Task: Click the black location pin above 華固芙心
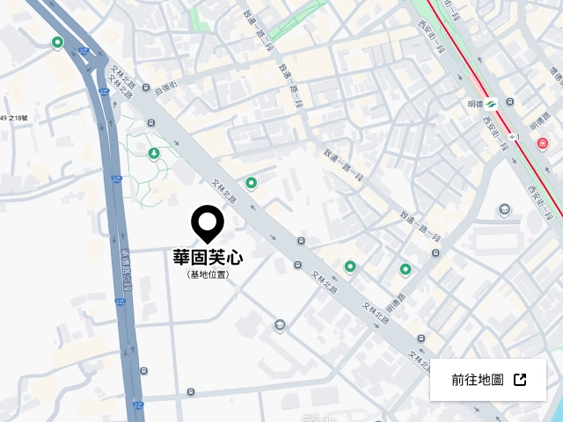pyautogui.click(x=208, y=222)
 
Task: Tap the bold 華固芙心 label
pyautogui.click(x=208, y=258)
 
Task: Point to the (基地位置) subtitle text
pyautogui.click(x=208, y=274)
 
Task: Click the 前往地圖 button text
pyautogui.click(x=477, y=380)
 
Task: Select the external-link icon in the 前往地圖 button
pyautogui.click(x=520, y=380)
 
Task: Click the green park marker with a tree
pyautogui.click(x=154, y=155)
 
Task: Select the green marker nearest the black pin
pyautogui.click(x=251, y=183)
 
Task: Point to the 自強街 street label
pyautogui.click(x=165, y=86)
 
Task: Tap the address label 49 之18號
pyautogui.click(x=14, y=118)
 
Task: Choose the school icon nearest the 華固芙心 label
pyautogui.click(x=280, y=325)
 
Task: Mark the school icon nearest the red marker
pyautogui.click(x=504, y=209)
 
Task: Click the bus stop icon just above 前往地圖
pyautogui.click(x=423, y=338)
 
